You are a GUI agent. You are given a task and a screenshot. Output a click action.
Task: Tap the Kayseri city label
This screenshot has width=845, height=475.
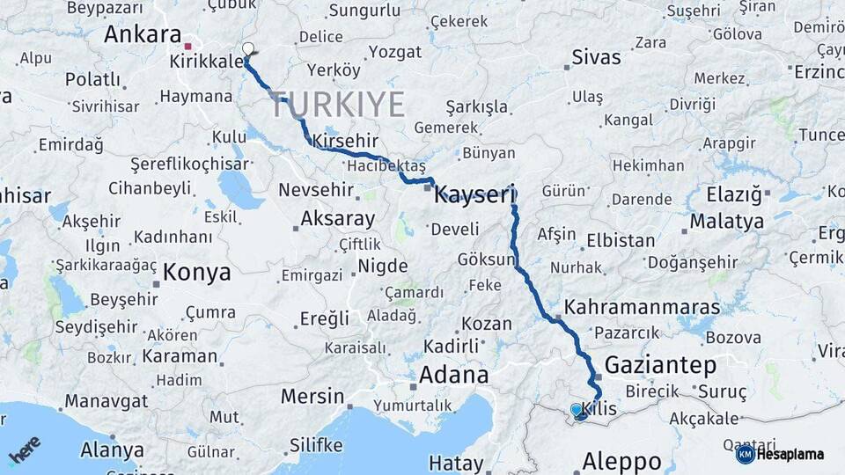pos(474,194)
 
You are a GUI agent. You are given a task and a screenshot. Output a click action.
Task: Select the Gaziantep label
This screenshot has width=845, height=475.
pos(660,365)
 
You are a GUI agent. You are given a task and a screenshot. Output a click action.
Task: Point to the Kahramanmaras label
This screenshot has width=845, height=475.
pos(642,308)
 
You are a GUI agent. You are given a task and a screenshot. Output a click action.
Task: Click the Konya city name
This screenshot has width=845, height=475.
pos(197,272)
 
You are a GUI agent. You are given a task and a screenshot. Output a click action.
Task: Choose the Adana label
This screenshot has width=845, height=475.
pos(453,375)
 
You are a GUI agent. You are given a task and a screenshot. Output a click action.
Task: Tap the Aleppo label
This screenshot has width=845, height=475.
pos(622,460)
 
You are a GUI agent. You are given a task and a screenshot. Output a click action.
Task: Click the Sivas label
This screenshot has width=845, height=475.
pos(596,58)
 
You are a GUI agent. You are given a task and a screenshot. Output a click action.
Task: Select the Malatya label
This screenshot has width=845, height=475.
pos(726,221)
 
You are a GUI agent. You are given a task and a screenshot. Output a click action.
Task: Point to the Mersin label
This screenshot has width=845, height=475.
pos(312,396)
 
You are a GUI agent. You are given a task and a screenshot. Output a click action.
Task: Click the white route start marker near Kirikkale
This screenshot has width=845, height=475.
pos(248,49)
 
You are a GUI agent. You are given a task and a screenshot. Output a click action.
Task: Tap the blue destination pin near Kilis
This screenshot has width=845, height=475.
pos(577,410)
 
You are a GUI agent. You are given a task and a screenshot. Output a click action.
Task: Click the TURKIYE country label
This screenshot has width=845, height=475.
pos(337,104)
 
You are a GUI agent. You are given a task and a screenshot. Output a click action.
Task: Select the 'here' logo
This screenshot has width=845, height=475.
pos(25,449)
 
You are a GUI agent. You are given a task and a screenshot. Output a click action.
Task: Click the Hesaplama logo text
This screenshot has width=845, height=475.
pos(790,455)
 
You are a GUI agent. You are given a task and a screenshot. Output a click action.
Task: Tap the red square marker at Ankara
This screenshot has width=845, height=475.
pos(188,46)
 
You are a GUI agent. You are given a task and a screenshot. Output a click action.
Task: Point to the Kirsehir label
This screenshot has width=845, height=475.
pos(345,141)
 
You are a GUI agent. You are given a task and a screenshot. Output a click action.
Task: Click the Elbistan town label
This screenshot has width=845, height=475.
pos(621,240)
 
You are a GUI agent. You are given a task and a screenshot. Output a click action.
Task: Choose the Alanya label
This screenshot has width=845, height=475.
pos(112,450)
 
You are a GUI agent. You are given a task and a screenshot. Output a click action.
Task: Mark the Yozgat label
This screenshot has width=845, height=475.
pos(395,52)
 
